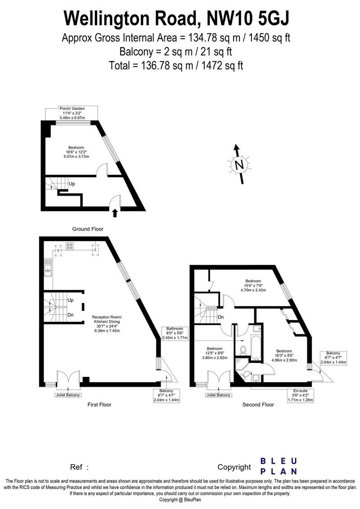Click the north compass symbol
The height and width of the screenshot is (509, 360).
pyautogui.click(x=239, y=164)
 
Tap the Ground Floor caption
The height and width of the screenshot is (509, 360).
pyautogui.click(x=88, y=229)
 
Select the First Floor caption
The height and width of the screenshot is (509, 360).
pyautogui.click(x=99, y=405)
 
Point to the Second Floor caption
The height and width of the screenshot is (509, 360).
pyautogui.click(x=258, y=405)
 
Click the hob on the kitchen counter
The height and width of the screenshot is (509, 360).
pyautogui.click(x=70, y=246)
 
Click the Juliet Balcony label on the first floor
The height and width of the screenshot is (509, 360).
pyautogui.click(x=67, y=395)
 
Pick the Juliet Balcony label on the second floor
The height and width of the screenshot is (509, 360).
pyautogui.click(x=218, y=395)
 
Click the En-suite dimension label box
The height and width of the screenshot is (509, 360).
pyautogui.click(x=301, y=395)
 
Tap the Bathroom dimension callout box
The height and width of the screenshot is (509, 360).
pyautogui.click(x=175, y=333)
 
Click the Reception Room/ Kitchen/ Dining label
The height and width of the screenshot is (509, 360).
pyautogui.click(x=107, y=324)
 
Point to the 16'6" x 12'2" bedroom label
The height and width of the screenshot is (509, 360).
pyautogui.click(x=76, y=152)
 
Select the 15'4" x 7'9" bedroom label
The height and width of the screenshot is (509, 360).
pyautogui.click(x=253, y=286)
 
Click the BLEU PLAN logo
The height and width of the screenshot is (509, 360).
pyautogui.click(x=279, y=466)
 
